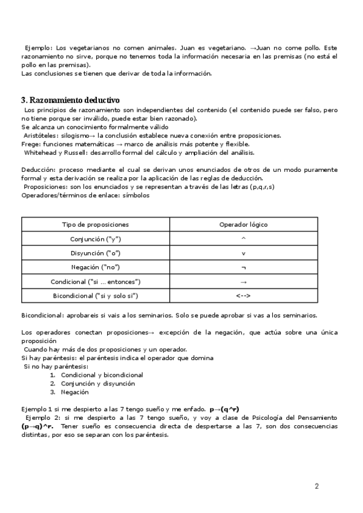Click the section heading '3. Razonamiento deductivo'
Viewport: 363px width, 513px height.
coord(70,100)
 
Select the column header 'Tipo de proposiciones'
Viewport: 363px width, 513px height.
coord(96,225)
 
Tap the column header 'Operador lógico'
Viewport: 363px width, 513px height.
coord(243,225)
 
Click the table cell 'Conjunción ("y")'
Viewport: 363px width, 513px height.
coord(96,239)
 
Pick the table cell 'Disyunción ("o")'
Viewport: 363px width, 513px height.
coord(96,253)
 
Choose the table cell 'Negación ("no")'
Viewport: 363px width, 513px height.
coord(96,267)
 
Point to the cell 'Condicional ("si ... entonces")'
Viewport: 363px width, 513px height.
coord(96,281)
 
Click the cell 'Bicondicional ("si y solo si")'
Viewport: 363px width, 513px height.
coord(96,295)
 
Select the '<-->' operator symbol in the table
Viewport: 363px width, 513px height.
coord(243,295)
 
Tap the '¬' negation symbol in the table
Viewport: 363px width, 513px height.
coord(243,267)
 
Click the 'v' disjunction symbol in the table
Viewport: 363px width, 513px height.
coord(243,253)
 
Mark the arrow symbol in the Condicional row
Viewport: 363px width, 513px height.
coord(243,281)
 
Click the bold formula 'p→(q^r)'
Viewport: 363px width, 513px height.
coord(229,410)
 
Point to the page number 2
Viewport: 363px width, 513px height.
coord(316,486)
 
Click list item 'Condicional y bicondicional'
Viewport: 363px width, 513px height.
coord(102,375)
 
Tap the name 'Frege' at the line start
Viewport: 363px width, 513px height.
coord(30,144)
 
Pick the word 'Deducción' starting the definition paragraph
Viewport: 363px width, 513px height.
coord(38,170)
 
